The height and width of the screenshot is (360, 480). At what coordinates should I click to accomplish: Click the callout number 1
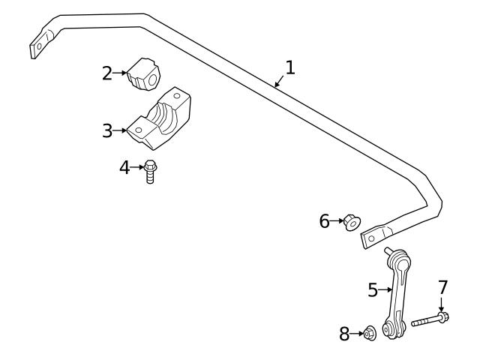(x=290, y=67)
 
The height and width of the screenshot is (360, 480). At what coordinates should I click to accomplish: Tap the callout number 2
(x=107, y=73)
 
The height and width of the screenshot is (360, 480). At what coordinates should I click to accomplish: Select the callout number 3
(x=107, y=130)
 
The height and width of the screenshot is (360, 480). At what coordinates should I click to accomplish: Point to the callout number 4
(x=124, y=167)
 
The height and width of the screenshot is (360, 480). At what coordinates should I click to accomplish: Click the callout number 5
(x=373, y=289)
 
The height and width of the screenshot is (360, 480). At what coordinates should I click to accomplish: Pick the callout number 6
(x=325, y=221)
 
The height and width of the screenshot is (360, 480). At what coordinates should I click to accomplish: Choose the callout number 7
(x=442, y=287)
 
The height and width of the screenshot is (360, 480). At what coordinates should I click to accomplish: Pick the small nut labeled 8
(x=368, y=334)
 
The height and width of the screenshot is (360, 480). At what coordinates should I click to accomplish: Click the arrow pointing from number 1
(x=279, y=82)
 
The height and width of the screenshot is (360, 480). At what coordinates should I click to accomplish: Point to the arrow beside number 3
(x=120, y=130)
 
